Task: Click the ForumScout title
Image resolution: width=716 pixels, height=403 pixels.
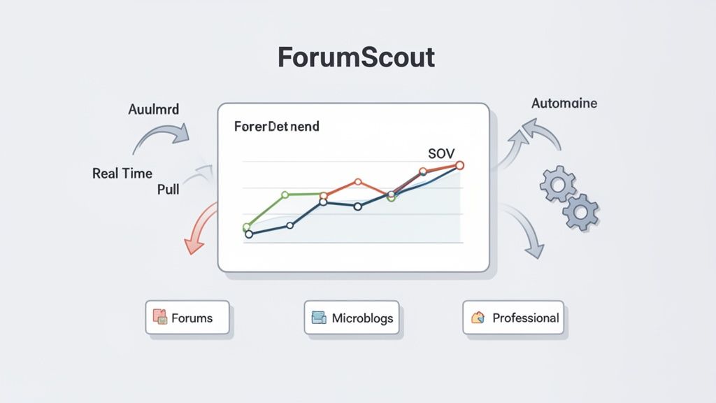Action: [356, 57]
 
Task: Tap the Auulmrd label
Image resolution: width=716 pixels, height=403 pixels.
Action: [153, 110]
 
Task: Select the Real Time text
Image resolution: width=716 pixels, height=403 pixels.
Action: [122, 174]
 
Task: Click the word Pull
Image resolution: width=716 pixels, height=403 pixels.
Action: [167, 190]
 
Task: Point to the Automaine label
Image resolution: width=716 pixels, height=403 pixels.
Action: [564, 104]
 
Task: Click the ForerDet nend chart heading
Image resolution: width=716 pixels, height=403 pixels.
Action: [277, 127]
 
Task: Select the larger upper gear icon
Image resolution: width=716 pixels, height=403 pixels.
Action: [557, 184]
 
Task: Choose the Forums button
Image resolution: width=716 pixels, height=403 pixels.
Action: [187, 318]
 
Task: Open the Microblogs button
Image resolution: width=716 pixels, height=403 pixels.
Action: [354, 318]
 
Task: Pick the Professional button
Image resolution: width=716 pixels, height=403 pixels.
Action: [513, 318]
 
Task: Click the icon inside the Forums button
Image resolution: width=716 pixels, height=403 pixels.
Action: [159, 318]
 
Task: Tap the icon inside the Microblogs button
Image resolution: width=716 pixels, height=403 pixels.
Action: [319, 318]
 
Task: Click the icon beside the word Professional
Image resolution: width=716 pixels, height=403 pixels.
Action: [478, 318]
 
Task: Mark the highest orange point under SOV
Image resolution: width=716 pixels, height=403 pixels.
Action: [459, 165]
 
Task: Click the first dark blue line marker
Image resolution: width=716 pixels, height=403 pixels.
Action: [248, 234]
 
